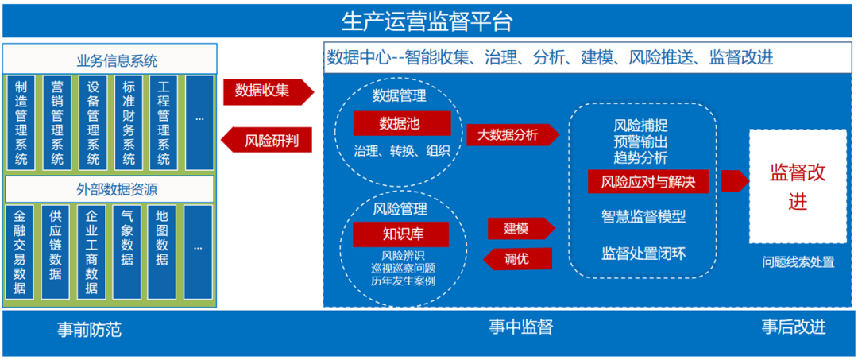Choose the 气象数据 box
(127, 251)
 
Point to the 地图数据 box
(162, 251)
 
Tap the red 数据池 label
(402, 124)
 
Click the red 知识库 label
(401, 234)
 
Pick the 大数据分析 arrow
(509, 135)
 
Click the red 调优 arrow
(517, 258)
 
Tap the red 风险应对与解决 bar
(647, 181)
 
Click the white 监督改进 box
(797, 187)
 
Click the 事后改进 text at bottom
(793, 327)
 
